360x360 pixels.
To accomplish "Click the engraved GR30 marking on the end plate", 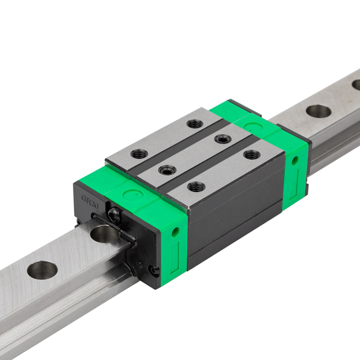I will [x=90, y=199].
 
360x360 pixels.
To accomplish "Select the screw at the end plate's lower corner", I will [x=153, y=270].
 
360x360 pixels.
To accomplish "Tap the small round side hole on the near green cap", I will [x=175, y=232].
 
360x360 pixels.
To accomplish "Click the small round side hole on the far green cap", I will [x=295, y=160].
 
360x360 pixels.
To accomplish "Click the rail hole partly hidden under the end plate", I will [x=104, y=233].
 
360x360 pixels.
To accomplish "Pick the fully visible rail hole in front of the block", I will [x=42, y=270].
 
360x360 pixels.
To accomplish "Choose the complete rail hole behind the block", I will [x=319, y=111].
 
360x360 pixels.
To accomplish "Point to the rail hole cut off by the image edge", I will [x=356, y=84].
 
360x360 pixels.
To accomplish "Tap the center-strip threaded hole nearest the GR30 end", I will [x=167, y=169].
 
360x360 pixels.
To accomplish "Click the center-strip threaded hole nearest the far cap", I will [x=223, y=139].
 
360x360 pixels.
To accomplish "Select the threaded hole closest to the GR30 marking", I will [x=139, y=153].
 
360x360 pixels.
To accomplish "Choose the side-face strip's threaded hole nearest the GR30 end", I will [x=197, y=186].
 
